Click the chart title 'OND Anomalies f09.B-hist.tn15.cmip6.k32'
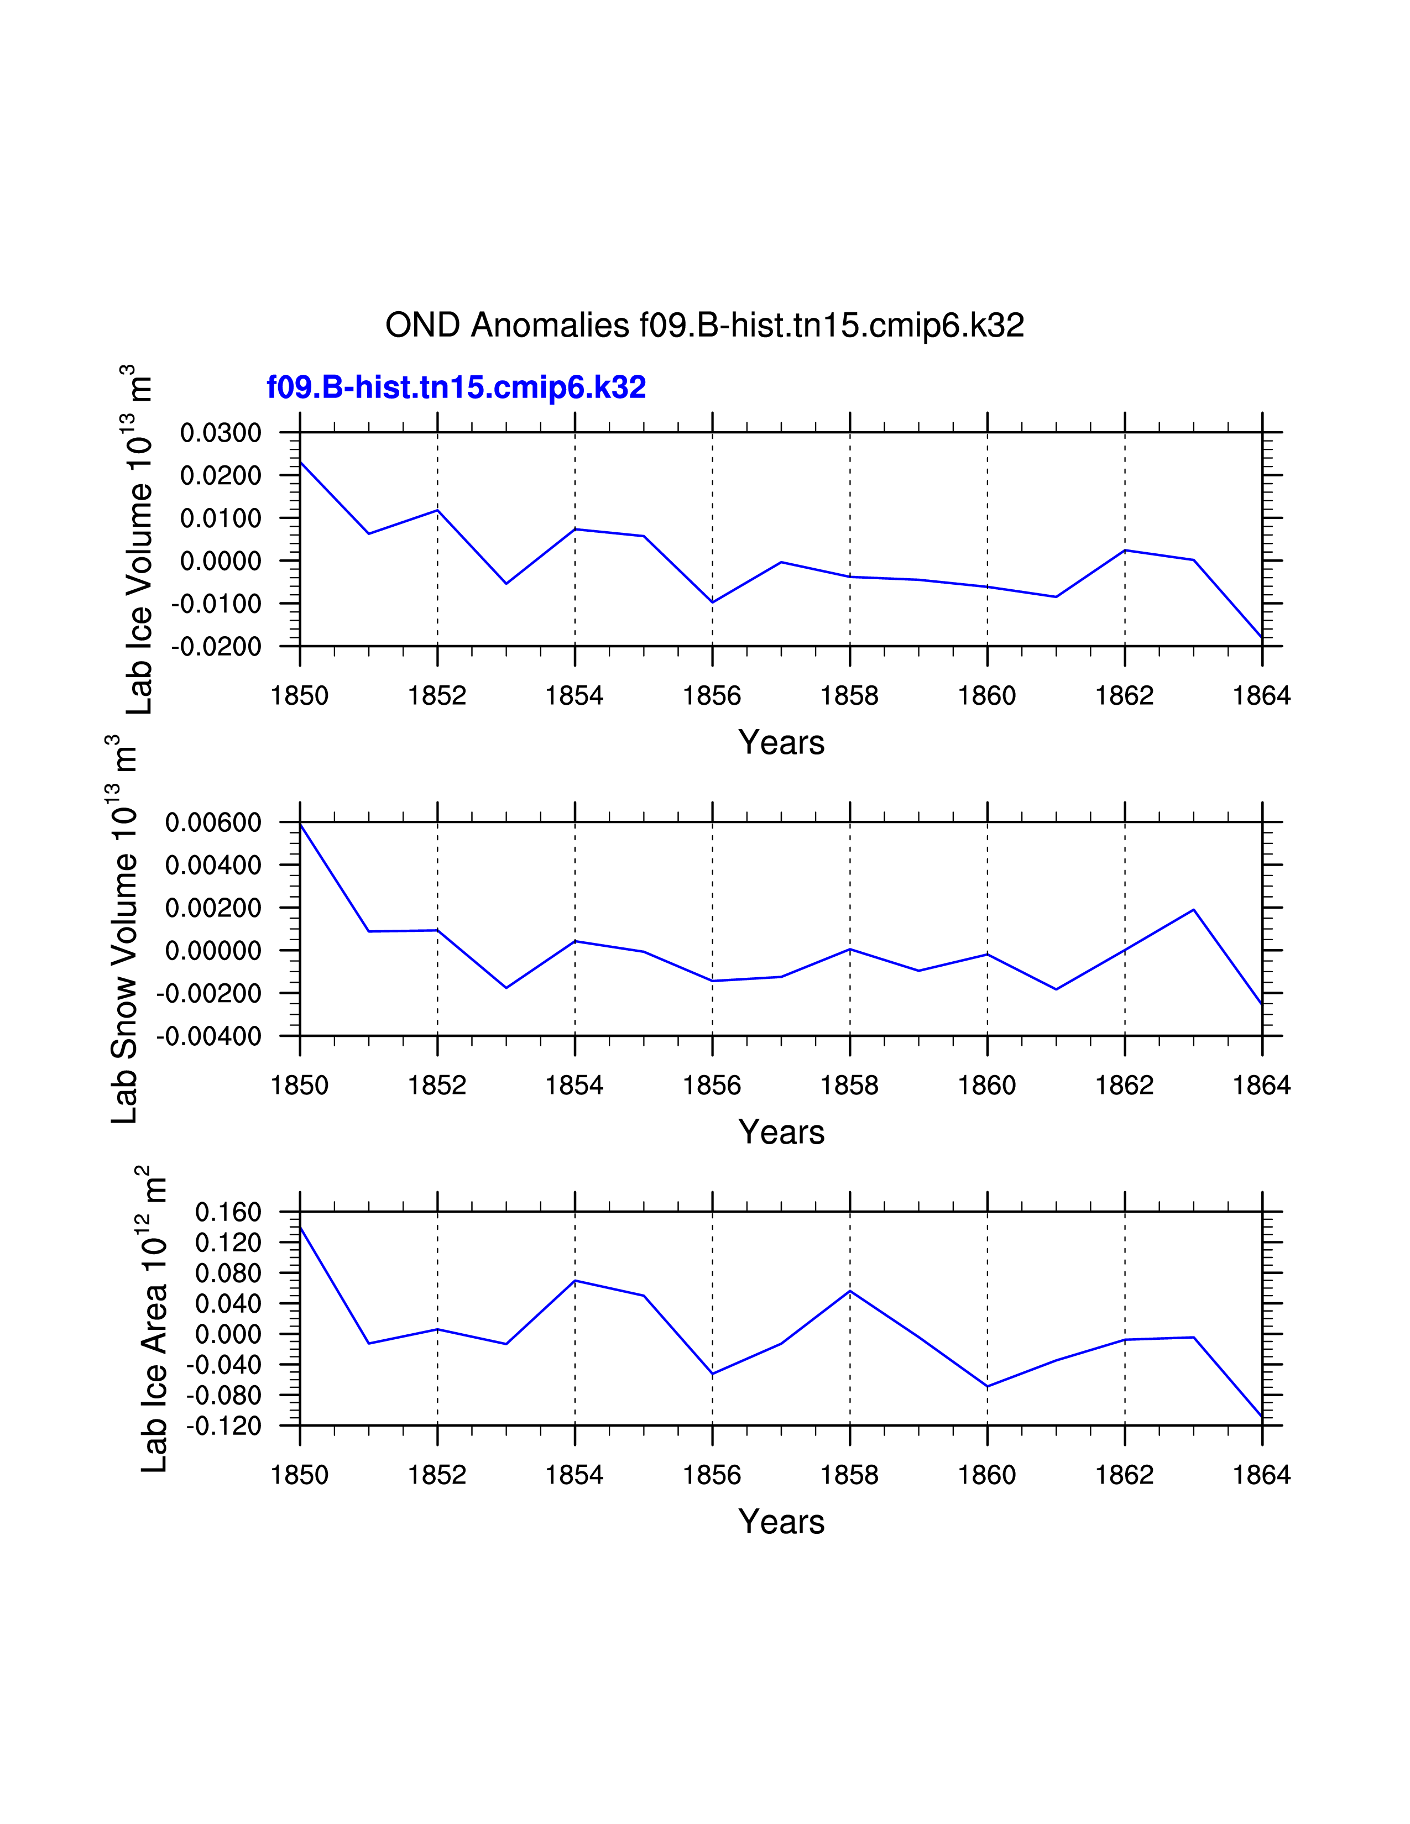(704, 325)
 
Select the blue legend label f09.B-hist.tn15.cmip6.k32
(456, 387)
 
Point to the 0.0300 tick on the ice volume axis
(221, 433)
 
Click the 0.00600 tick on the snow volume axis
(213, 822)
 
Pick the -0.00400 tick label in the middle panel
(209, 1036)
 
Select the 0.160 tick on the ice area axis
(227, 1212)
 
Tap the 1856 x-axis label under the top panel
(712, 696)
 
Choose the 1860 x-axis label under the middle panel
(986, 1086)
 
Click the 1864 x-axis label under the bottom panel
(1261, 1475)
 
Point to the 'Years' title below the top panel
(781, 742)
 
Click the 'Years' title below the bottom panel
(781, 1522)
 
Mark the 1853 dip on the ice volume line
(506, 583)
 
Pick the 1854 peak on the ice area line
(575, 1280)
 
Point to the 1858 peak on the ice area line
(849, 1291)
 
